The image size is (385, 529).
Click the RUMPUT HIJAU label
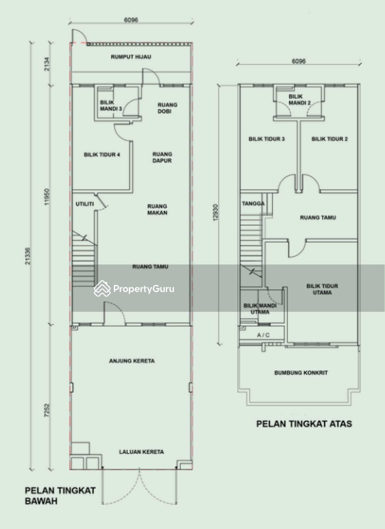(131, 57)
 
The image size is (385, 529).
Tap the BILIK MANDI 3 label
(110, 105)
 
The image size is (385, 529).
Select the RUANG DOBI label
(167, 108)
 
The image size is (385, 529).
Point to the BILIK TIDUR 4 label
(102, 155)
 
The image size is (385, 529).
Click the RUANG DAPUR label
(162, 157)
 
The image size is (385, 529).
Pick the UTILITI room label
(85, 204)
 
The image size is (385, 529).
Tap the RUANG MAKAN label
(157, 209)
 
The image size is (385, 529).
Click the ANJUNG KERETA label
(132, 361)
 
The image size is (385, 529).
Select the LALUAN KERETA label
(142, 452)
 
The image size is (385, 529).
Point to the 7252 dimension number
(47, 410)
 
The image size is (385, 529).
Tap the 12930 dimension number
(215, 212)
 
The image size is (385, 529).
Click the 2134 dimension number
(47, 64)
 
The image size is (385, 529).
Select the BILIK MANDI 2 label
(300, 100)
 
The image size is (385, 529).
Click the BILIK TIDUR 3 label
(266, 139)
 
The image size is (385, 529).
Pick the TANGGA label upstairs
(253, 203)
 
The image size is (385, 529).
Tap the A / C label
(263, 335)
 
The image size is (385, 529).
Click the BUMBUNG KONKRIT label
(301, 373)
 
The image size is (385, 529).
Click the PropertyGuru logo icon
(102, 288)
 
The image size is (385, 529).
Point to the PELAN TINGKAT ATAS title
(304, 424)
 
